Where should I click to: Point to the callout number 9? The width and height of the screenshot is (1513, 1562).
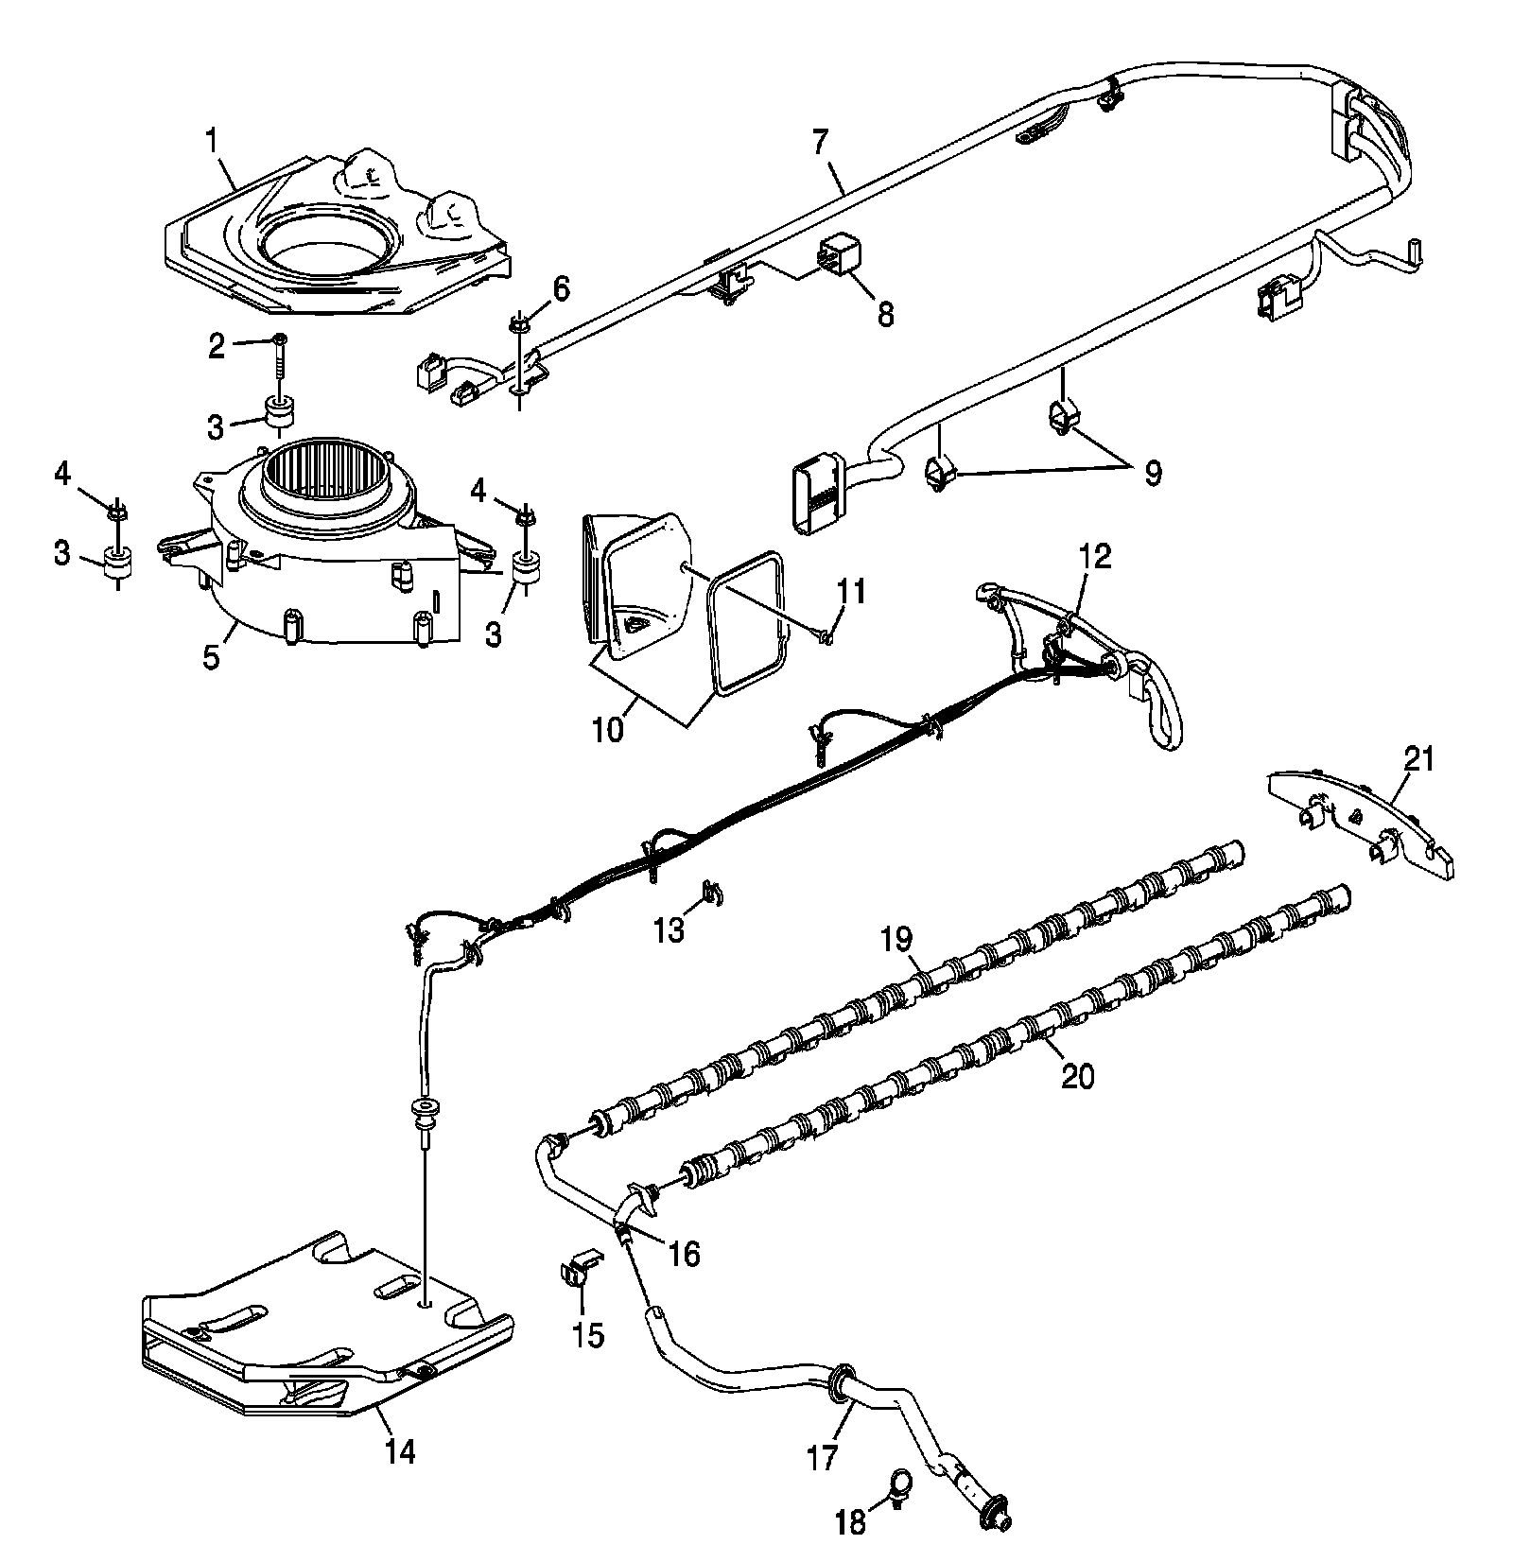[1152, 472]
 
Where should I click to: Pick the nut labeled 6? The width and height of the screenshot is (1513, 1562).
[519, 324]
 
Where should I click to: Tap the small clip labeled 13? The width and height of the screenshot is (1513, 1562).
[712, 891]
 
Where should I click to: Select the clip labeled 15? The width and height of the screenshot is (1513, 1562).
[579, 1273]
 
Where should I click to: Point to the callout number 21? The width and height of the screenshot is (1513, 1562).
[1418, 759]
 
